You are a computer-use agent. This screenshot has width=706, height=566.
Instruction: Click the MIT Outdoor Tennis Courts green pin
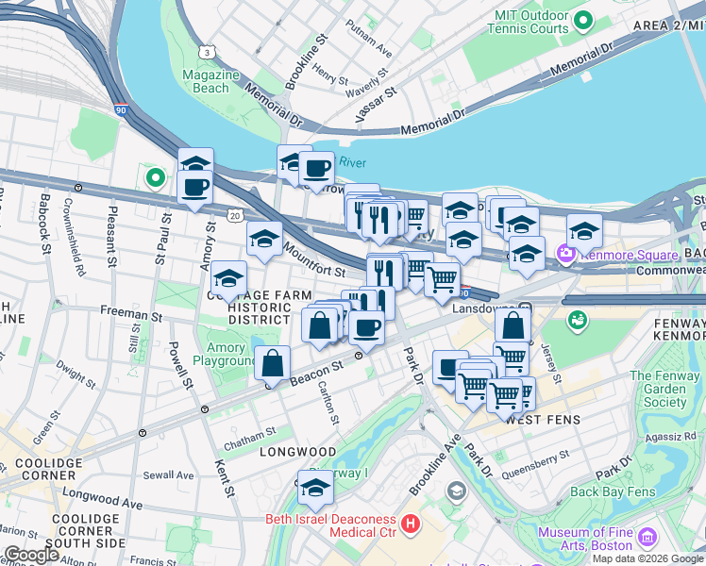(x=583, y=20)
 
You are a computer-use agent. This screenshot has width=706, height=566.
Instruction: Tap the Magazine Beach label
(x=205, y=81)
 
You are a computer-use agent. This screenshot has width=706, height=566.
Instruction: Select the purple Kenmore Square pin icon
(x=566, y=253)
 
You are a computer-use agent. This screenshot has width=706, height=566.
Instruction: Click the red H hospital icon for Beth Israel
(x=410, y=523)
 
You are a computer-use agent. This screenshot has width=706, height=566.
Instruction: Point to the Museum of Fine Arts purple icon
(x=647, y=538)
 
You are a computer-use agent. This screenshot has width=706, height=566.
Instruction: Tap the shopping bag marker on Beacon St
(x=273, y=363)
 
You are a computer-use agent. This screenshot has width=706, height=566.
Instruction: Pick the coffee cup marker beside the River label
(x=316, y=169)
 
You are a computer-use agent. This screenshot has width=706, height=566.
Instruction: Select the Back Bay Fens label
(x=612, y=491)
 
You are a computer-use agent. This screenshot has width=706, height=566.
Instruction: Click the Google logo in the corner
(x=31, y=555)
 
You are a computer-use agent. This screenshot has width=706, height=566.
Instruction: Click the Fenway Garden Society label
(x=665, y=389)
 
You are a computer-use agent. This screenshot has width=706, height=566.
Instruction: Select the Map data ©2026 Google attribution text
(x=647, y=558)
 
